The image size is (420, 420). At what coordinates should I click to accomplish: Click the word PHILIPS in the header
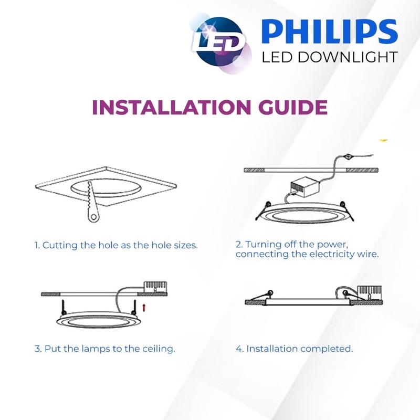coord(330,31)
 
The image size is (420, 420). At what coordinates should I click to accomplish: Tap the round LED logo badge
coord(220,44)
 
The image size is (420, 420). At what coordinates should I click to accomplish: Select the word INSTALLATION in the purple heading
coord(172,107)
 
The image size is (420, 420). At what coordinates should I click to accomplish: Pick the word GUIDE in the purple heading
coord(293,107)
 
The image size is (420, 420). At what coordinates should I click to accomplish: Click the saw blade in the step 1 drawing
coord(90,201)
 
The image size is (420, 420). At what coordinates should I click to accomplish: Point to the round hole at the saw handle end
coord(93,217)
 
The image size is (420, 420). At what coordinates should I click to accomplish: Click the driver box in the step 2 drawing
coord(305,185)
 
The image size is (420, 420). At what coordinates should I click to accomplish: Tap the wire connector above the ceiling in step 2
coord(348,156)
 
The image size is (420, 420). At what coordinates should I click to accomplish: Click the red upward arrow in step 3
coord(144,308)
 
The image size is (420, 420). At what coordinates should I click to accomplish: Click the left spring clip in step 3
coord(64,307)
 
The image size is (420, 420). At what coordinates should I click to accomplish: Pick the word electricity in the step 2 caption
coord(332,254)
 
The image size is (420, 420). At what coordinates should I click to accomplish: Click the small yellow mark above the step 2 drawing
coord(384,140)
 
